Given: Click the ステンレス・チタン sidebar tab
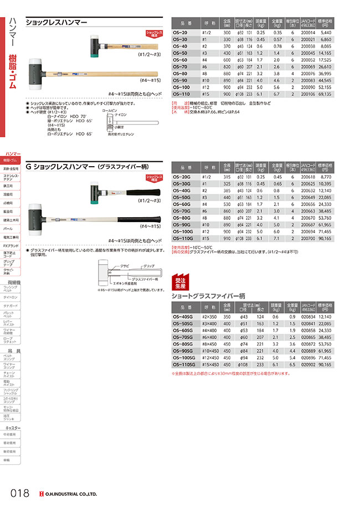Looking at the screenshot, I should [x=12, y=177].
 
